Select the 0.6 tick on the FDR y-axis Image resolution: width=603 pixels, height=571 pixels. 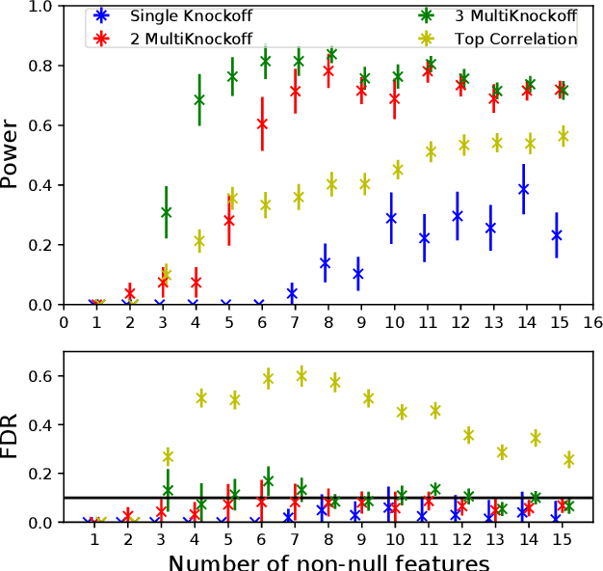point(40,375)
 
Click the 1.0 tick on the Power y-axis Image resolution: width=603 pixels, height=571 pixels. point(40,7)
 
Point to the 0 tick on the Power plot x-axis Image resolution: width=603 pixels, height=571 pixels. point(64,322)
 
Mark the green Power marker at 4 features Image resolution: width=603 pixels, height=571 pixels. point(199,99)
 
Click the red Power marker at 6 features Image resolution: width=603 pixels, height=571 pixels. point(262,123)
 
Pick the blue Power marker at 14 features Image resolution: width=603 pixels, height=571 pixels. point(523,189)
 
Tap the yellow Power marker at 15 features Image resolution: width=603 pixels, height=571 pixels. point(564,137)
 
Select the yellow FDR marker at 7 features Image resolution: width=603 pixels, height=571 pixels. point(301,375)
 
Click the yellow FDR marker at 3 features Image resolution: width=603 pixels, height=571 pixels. point(168,456)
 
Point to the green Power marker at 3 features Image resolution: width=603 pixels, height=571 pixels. point(167,212)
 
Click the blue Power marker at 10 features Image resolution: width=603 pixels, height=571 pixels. point(391,218)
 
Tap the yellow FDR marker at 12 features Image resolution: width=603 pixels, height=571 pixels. point(469,435)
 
